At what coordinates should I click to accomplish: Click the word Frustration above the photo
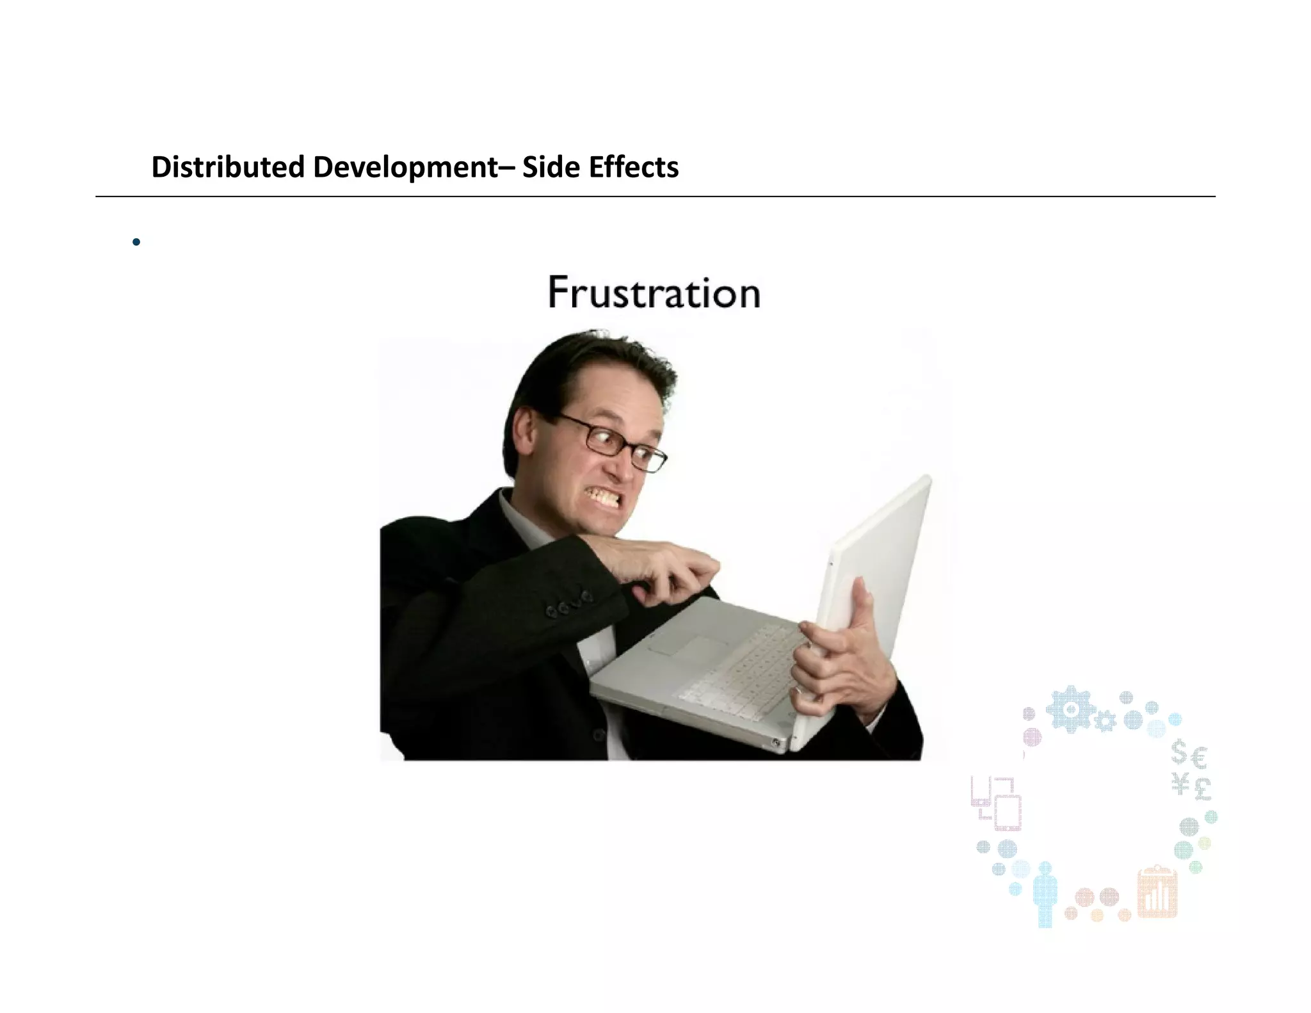tap(654, 293)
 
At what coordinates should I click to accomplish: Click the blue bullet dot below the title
tap(136, 242)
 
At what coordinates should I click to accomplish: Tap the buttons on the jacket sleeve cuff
tap(568, 604)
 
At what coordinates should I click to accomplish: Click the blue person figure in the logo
tap(1045, 894)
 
